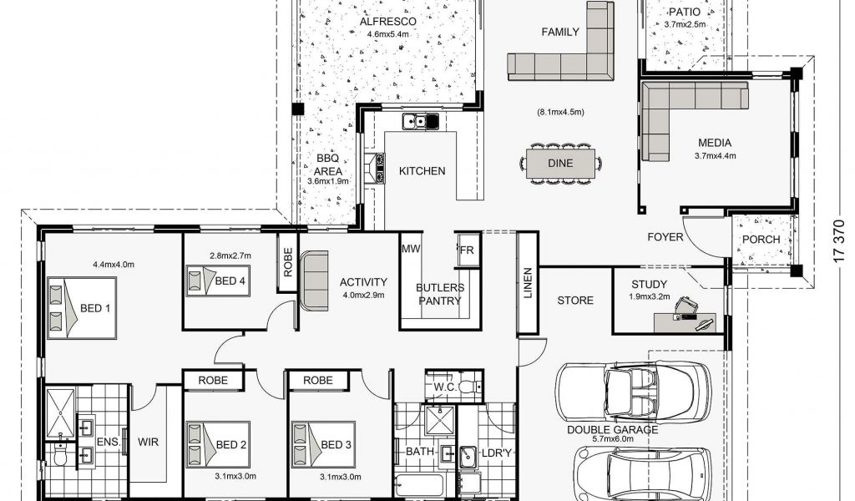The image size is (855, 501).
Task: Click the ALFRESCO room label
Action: [x=387, y=21]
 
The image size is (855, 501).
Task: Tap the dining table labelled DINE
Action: [x=560, y=163]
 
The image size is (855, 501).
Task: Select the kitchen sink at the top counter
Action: [x=421, y=121]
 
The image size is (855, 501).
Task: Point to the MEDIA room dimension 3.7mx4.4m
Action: [x=715, y=155]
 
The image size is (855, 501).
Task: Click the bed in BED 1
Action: [x=82, y=308]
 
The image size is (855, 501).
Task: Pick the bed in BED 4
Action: [x=218, y=281]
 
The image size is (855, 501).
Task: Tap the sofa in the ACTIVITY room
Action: [x=314, y=280]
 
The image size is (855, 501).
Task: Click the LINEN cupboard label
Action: [x=528, y=283]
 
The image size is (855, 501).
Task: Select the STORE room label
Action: [x=575, y=301]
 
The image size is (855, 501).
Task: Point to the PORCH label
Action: [x=761, y=240]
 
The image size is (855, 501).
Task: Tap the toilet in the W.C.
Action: [x=468, y=387]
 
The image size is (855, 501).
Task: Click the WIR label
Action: [x=148, y=441]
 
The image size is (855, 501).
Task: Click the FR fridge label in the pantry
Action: [x=467, y=250]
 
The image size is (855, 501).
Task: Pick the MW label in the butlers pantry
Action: [x=411, y=249]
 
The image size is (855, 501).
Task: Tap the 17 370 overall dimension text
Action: [x=839, y=241]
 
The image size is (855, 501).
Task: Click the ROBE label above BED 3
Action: [x=318, y=380]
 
